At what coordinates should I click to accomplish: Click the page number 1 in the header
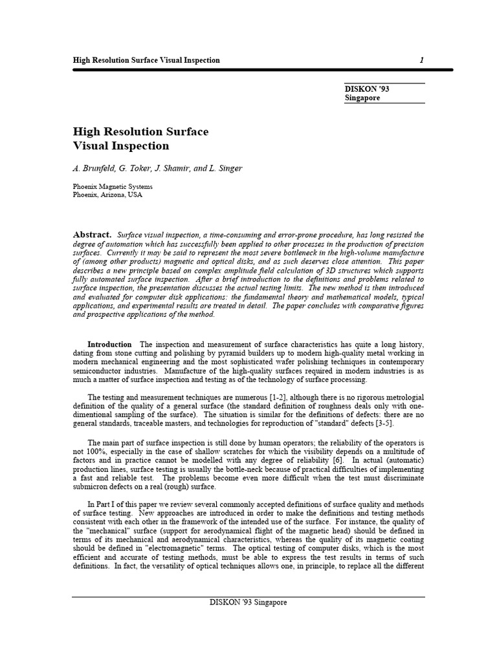pyautogui.click(x=421, y=60)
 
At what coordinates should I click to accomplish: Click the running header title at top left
pyautogui.click(x=146, y=60)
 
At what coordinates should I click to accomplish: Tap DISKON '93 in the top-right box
pyautogui.click(x=366, y=88)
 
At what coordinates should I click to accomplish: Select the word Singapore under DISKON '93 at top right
pyautogui.click(x=362, y=98)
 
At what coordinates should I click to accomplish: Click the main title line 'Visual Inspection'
pyautogui.click(x=121, y=146)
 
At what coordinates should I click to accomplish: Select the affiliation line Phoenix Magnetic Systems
pyautogui.click(x=113, y=186)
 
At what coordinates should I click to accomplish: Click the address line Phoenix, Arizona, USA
pyautogui.click(x=107, y=194)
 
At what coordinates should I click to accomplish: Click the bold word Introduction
pyautogui.click(x=109, y=345)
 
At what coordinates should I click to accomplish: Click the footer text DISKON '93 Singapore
pyautogui.click(x=248, y=602)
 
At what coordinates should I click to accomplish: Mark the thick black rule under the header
pyautogui.click(x=248, y=70)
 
